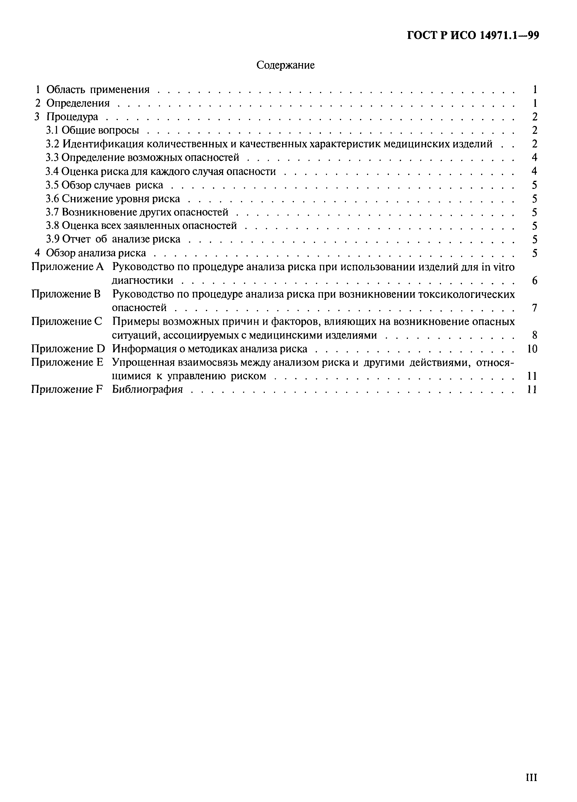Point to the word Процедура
point(72,117)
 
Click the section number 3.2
point(53,144)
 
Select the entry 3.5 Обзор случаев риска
point(105,185)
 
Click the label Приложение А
point(67,267)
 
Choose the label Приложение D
point(68,349)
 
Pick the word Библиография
point(147,389)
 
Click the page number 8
point(534,335)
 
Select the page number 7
point(534,308)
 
